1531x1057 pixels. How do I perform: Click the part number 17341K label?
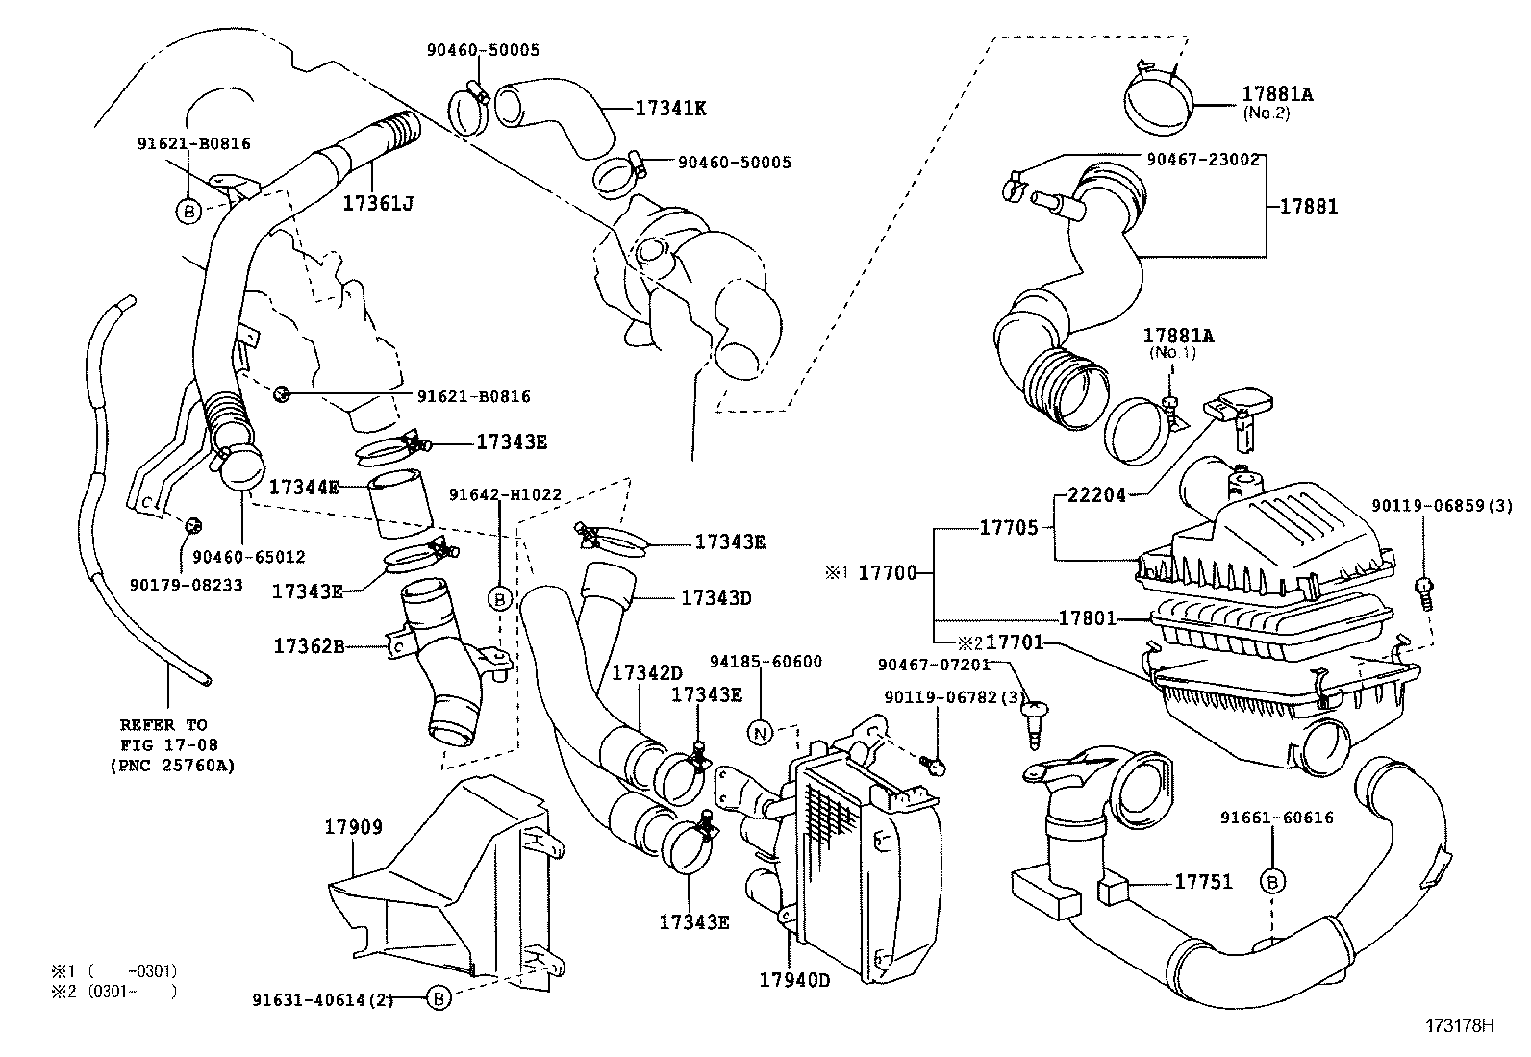[x=670, y=109]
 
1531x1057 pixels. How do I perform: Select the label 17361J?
[x=379, y=204]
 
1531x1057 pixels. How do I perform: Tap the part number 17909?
[x=353, y=827]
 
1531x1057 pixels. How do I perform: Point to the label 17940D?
[x=794, y=980]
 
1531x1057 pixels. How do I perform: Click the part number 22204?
[x=1096, y=496]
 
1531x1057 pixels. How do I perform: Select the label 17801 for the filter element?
[x=1087, y=618]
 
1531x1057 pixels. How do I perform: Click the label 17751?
[x=1203, y=882]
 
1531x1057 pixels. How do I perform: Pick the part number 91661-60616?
[x=1277, y=818]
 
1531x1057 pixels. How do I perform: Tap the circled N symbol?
[x=761, y=734]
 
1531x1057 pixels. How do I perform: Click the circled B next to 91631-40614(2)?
[x=438, y=999]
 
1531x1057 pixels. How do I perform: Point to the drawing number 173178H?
[x=1460, y=1025]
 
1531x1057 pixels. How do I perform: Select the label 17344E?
[x=304, y=488]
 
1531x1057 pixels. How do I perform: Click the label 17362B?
[x=308, y=646]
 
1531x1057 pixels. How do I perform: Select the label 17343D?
[x=715, y=597]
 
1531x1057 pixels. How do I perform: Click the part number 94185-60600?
[x=765, y=662]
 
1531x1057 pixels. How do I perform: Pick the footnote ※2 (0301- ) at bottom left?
[x=114, y=991]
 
